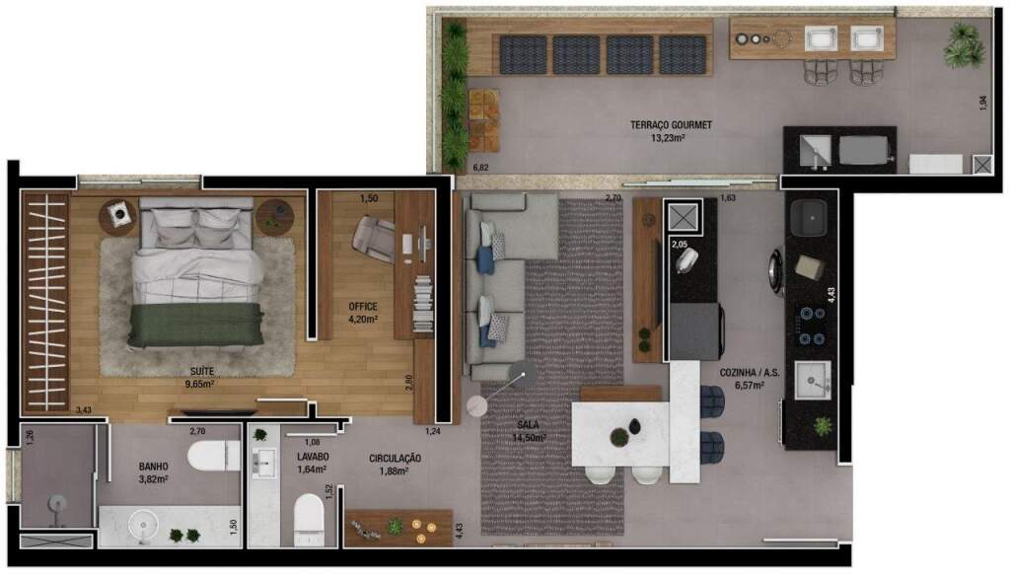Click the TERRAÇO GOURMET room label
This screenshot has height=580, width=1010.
click(x=671, y=125)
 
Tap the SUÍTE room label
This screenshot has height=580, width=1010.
click(x=201, y=371)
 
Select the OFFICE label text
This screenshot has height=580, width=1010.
click(x=363, y=307)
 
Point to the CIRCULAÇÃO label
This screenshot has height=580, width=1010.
click(x=395, y=459)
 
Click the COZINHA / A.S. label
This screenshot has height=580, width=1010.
click(x=750, y=373)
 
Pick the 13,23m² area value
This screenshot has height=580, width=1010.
click(x=668, y=137)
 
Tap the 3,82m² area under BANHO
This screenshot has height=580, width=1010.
click(x=153, y=478)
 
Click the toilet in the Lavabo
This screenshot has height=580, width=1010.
click(x=309, y=519)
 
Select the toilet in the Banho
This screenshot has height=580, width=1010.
click(x=213, y=456)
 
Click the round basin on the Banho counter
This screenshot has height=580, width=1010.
click(x=143, y=526)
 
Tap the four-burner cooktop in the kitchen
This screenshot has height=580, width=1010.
click(x=812, y=326)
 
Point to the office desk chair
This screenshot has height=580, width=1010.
click(x=374, y=239)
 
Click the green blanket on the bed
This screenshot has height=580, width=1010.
click(x=195, y=326)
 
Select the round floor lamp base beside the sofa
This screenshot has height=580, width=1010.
click(x=476, y=406)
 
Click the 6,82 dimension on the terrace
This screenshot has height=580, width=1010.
click(x=480, y=168)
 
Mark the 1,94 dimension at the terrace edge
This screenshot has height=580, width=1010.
click(x=982, y=104)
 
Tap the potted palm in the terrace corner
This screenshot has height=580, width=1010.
click(x=964, y=45)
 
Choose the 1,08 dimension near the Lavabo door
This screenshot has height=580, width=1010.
click(x=312, y=442)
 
